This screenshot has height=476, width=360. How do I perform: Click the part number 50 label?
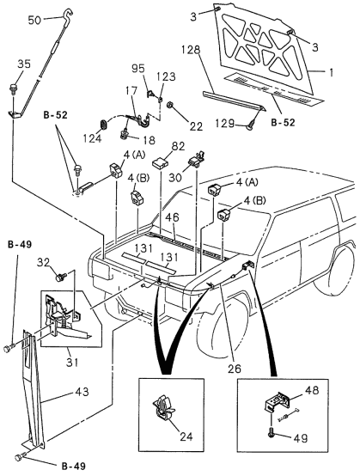(34, 18)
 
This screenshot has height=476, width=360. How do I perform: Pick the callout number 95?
(137, 68)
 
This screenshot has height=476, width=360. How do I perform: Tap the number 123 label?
(166, 76)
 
